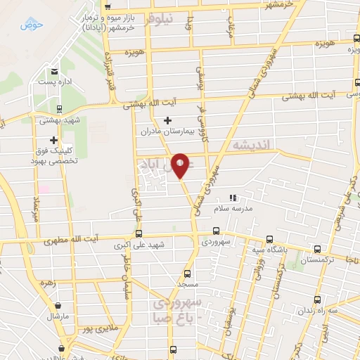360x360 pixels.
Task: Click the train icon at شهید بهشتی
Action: pyautogui.click(x=59, y=110)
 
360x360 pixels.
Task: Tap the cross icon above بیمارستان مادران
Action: pyautogui.click(x=167, y=121)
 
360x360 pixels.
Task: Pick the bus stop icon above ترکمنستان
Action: pyautogui.click(x=318, y=249)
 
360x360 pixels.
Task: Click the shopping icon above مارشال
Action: pyautogui.click(x=56, y=305)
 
